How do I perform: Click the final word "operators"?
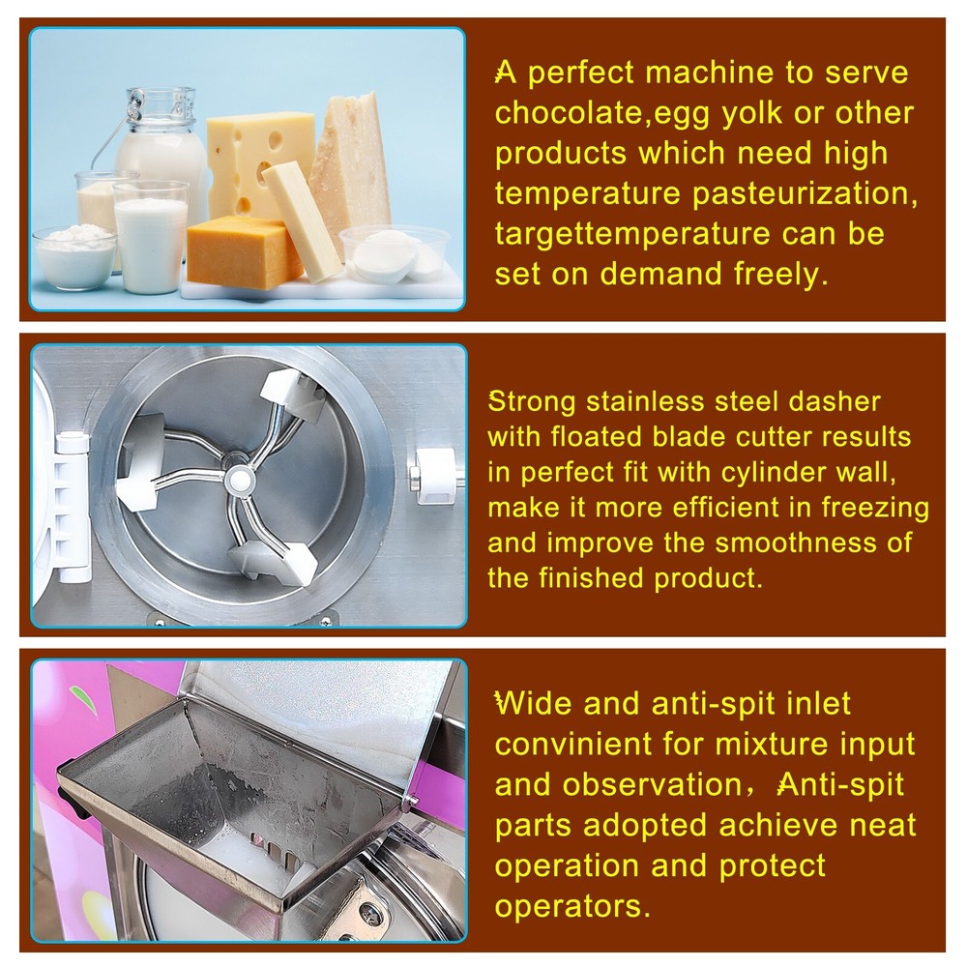(x=571, y=906)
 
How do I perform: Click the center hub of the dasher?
(x=238, y=477)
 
